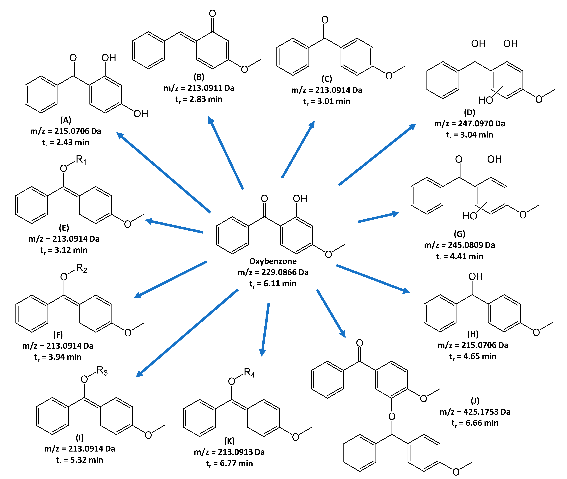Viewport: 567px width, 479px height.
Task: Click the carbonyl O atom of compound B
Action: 212,14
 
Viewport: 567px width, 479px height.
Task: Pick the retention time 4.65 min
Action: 473,356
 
